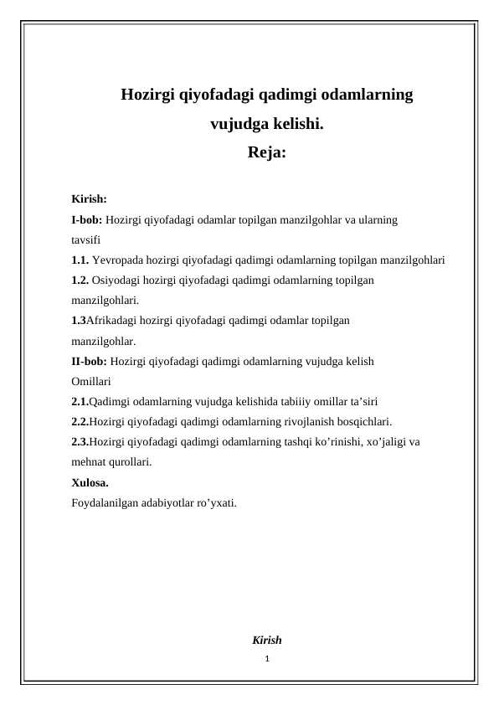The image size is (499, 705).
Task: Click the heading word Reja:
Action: pos(267,153)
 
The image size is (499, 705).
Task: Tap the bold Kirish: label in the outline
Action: pos(89,200)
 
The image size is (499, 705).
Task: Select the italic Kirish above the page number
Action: pos(266,641)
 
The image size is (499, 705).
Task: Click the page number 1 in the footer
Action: pos(266,660)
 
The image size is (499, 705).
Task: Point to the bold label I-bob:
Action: pos(87,220)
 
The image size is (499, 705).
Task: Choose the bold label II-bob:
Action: pos(90,361)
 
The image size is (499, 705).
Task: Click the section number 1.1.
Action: pos(80,260)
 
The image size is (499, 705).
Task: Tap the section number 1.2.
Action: pos(80,280)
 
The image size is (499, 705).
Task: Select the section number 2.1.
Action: pos(80,401)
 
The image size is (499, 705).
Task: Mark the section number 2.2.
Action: pos(80,421)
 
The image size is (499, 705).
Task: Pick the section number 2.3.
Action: pos(80,441)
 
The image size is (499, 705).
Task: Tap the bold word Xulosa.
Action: pos(90,482)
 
